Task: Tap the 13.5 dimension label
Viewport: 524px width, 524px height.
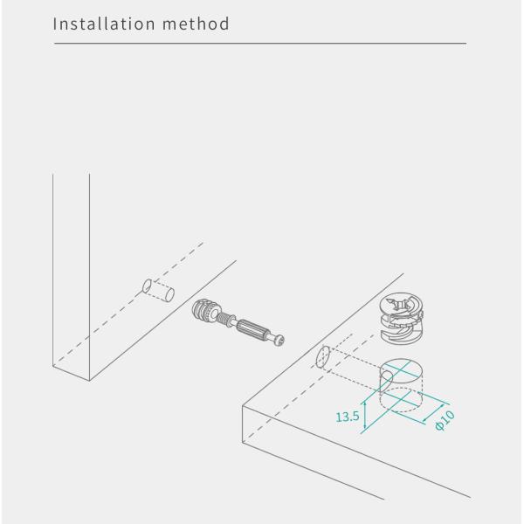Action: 348,417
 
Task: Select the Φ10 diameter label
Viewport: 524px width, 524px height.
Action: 445,420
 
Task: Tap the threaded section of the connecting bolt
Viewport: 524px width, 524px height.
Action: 230,320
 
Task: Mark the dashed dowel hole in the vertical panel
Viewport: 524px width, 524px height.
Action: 157,290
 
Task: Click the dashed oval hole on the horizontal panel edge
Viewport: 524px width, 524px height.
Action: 321,358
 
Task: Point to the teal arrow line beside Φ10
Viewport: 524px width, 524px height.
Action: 430,416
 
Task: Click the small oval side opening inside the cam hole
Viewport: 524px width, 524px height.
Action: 385,376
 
